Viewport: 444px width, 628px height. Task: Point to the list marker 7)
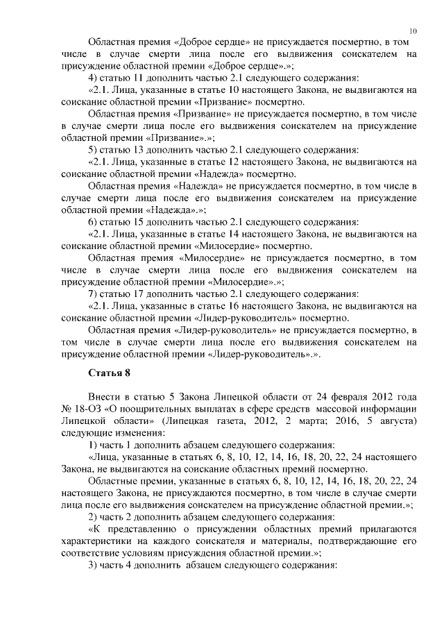(93, 293)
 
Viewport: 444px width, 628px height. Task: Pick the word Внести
(103, 396)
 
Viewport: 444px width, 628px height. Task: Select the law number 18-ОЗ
(87, 408)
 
